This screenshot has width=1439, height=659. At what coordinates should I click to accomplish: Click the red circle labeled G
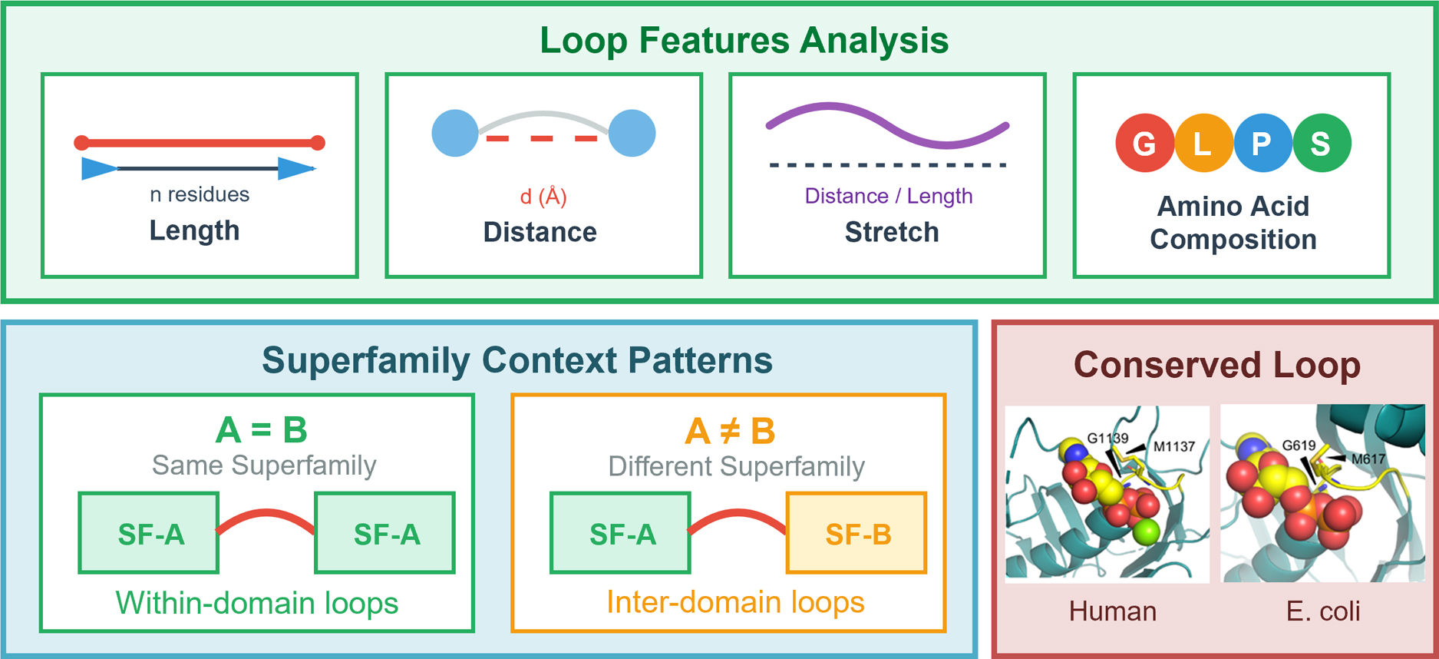point(1144,143)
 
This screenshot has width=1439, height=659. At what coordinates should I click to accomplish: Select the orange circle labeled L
point(1203,143)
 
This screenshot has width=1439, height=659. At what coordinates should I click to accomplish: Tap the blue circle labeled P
point(1262,143)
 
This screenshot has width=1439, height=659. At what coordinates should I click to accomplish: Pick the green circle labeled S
point(1321,143)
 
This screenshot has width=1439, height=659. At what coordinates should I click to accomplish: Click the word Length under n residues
point(194,230)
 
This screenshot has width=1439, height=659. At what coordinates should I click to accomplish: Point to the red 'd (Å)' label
point(543,197)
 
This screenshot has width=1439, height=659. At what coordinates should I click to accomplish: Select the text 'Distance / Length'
point(888,196)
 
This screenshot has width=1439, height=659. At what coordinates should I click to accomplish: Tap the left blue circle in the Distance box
point(455,134)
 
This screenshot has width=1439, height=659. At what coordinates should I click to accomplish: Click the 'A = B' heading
point(261,430)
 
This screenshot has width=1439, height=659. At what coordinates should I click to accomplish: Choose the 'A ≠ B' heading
point(730,431)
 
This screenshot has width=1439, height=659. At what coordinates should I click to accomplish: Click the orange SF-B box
point(856,534)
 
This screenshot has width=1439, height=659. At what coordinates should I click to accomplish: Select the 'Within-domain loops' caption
point(257,603)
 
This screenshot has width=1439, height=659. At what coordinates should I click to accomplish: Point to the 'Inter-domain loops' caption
point(735,602)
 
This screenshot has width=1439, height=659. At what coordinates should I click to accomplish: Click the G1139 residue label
point(1107,439)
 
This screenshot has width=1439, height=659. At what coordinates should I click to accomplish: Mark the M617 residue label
point(1368,459)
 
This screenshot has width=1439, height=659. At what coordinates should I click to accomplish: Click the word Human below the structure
point(1112,611)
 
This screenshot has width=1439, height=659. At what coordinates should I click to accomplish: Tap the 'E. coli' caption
point(1323,611)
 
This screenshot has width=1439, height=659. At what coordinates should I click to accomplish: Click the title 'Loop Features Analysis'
point(744,40)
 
